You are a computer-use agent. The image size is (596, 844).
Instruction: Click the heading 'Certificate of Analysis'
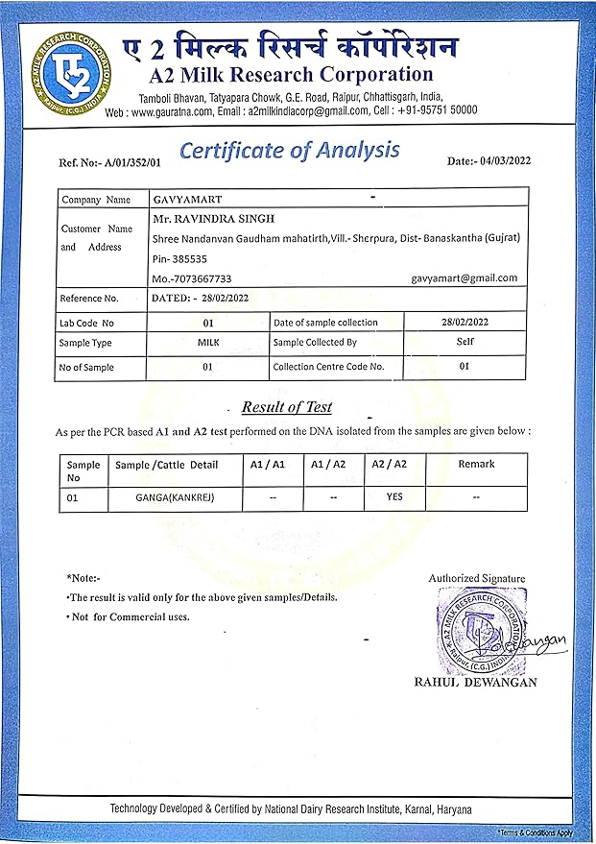pos(290,151)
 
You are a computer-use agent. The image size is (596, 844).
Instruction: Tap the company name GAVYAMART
pos(186,200)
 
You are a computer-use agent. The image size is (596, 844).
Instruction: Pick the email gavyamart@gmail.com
pos(465,277)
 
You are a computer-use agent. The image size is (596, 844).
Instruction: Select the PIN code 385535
pos(188,258)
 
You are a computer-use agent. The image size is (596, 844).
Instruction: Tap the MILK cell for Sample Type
pos(208,342)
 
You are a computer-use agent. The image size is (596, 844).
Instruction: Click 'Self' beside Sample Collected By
pos(465,341)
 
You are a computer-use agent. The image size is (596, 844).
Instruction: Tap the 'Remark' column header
pos(476,464)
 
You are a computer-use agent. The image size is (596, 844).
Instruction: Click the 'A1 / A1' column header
pos(267,464)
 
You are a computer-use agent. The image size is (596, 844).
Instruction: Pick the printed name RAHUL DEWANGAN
pos(475,683)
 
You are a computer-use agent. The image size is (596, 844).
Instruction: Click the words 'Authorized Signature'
pos(477,578)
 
